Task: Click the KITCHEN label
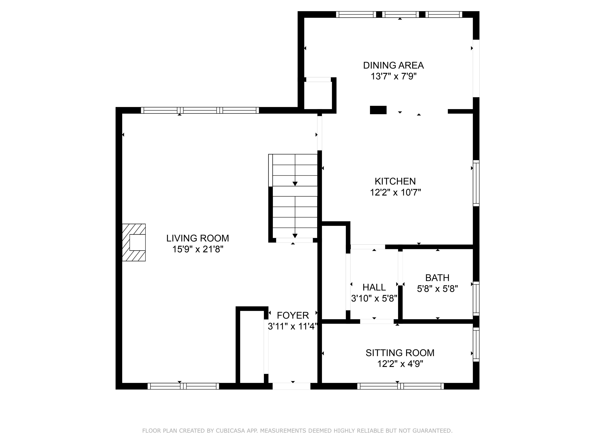click(x=395, y=181)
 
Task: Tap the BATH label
click(x=437, y=278)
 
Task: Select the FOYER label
click(x=293, y=315)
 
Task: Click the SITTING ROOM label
click(x=400, y=353)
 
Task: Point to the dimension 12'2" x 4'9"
click(x=400, y=364)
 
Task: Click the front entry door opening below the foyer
click(x=291, y=386)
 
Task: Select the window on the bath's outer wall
click(x=476, y=298)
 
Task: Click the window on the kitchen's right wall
click(x=476, y=183)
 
